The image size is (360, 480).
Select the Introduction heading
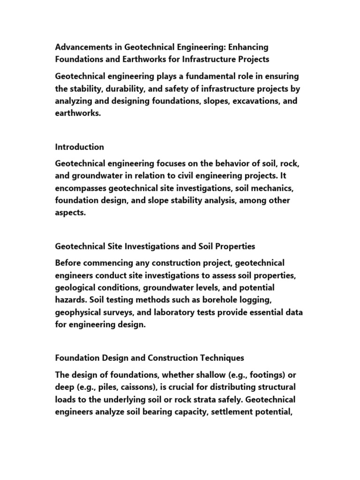click(x=80, y=147)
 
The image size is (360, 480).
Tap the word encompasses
click(x=80, y=188)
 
